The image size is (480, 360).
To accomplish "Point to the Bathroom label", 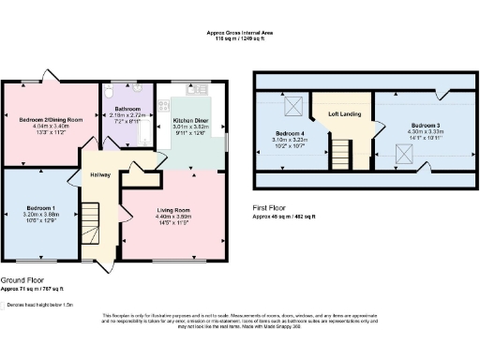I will (127, 107).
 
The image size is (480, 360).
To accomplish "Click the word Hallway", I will (100, 174).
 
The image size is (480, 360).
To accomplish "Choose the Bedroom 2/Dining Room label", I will (52, 120).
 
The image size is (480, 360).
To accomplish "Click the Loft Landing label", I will (344, 113).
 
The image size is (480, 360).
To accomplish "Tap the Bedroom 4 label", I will (290, 133).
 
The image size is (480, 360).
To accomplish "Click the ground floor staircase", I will (90, 221).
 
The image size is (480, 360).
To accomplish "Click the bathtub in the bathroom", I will (145, 131).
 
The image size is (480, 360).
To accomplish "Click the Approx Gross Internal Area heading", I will (240, 34).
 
